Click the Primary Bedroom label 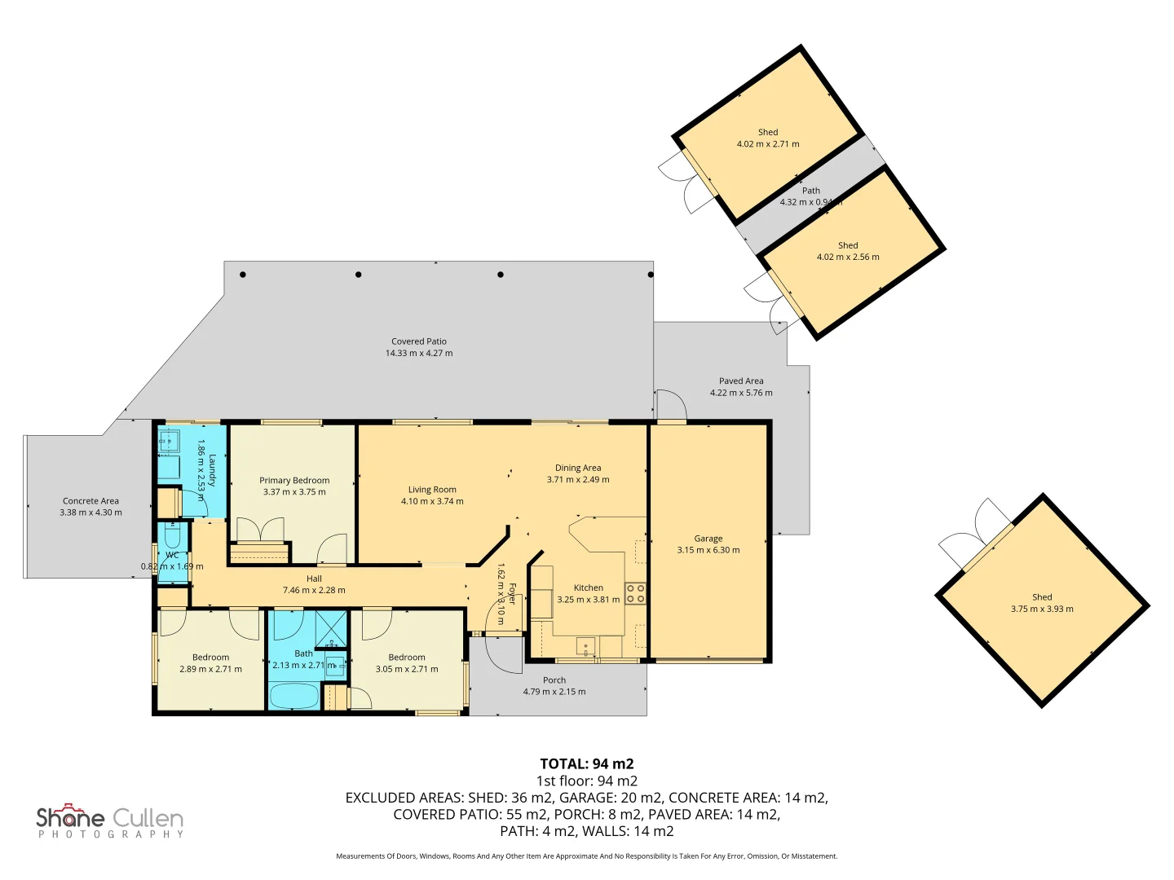click(294, 481)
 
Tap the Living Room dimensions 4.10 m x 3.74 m click(432, 502)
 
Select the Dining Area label click(578, 468)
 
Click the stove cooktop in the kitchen click(636, 593)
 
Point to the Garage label click(708, 539)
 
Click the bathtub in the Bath click(293, 697)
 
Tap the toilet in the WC click(173, 538)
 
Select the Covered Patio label click(419, 341)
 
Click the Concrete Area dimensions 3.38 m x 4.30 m click(90, 513)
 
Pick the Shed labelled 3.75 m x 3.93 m click(1042, 603)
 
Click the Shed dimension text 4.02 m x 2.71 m click(768, 144)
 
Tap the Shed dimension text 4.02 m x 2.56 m click(848, 257)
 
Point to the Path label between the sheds click(810, 191)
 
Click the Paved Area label click(741, 381)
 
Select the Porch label click(554, 680)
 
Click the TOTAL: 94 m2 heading click(587, 764)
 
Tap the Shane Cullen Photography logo click(110, 821)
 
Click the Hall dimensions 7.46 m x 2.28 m click(314, 591)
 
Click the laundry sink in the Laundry click(169, 442)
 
